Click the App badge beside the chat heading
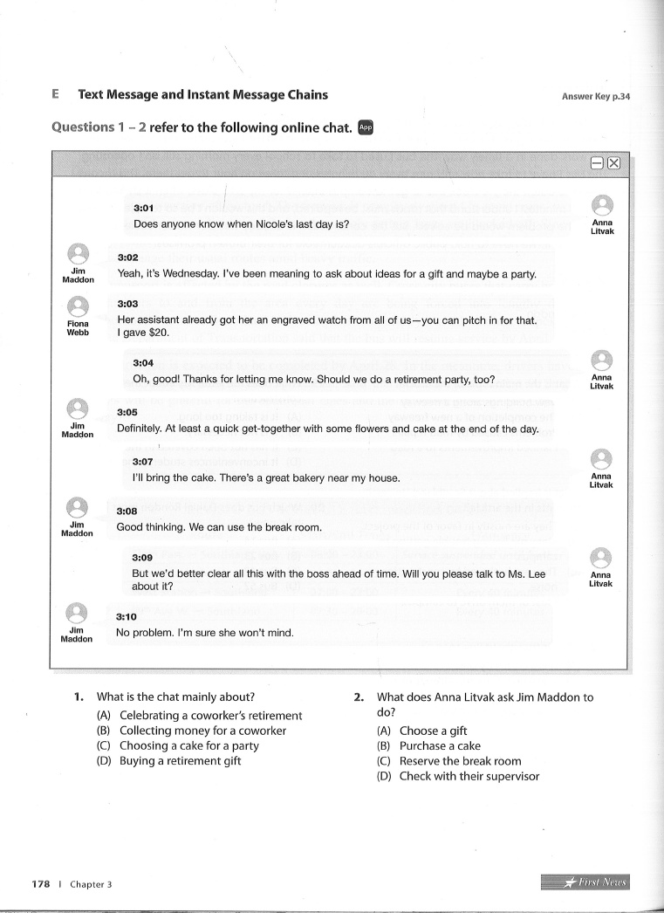pyautogui.click(x=365, y=127)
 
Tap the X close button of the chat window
pyautogui.click(x=613, y=163)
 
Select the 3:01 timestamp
pyautogui.click(x=143, y=209)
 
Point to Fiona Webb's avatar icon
pyautogui.click(x=79, y=307)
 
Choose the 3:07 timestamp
pyautogui.click(x=142, y=462)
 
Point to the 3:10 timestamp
pyautogui.click(x=126, y=616)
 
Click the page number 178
pyautogui.click(x=40, y=883)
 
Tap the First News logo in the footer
pyautogui.click(x=585, y=882)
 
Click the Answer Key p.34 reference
pyautogui.click(x=596, y=97)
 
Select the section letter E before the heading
pyautogui.click(x=55, y=94)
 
